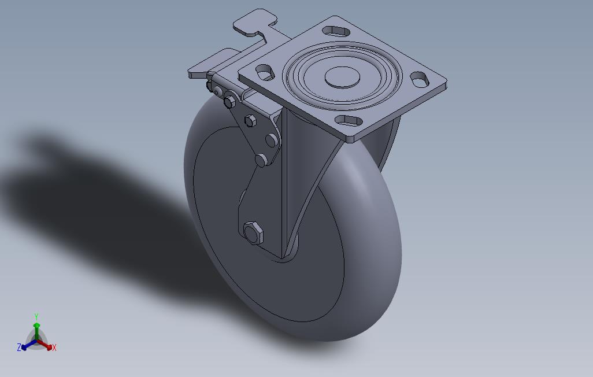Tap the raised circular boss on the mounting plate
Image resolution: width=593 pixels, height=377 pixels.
pyautogui.click(x=342, y=77)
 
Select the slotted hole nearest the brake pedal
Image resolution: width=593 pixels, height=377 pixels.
pyautogui.click(x=336, y=31)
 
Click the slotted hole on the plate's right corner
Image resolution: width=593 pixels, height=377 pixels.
pyautogui.click(x=420, y=79)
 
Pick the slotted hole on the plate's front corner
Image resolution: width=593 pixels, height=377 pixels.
pyautogui.click(x=349, y=121)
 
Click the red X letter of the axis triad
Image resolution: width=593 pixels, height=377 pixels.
pyautogui.click(x=54, y=348)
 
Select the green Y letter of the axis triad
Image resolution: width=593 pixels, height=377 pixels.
pyautogui.click(x=36, y=316)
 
